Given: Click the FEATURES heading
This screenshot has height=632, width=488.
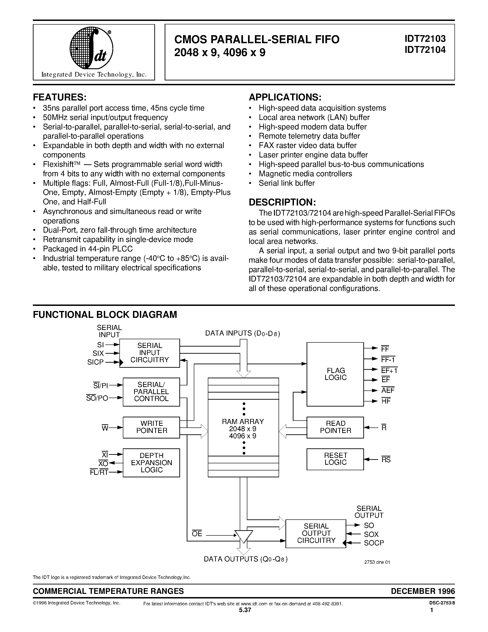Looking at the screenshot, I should (60, 97).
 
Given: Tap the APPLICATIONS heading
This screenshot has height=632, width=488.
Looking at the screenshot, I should (285, 97).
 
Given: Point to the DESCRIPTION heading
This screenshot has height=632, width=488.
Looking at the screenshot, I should (282, 202).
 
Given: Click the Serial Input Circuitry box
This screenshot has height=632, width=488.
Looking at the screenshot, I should (150, 353).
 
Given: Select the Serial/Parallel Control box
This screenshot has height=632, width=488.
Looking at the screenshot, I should (151, 392).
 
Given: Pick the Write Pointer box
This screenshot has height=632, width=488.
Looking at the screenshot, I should (151, 427).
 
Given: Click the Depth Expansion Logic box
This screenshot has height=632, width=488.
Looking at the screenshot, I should (151, 462).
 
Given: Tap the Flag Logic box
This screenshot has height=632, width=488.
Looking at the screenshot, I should (335, 374).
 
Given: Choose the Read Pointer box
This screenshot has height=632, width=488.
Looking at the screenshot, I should (335, 427).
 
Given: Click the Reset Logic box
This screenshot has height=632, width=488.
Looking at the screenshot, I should (335, 459).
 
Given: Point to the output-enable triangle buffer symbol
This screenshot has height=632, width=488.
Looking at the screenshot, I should (243, 536).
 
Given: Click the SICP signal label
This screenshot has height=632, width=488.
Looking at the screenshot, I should (95, 362).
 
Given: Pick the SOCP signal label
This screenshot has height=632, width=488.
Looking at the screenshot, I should (373, 543).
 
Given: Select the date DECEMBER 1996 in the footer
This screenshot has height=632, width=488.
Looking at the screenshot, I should (423, 591).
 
